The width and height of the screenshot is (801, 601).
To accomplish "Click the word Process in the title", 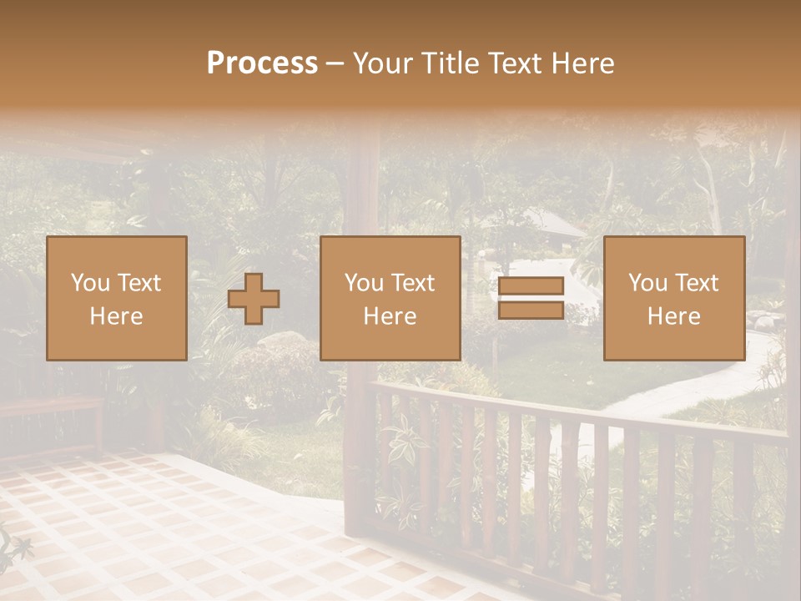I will coord(262,63).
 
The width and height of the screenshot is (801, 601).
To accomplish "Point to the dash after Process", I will coord(335,64).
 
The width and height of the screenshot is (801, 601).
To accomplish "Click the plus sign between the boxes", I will coord(254,299).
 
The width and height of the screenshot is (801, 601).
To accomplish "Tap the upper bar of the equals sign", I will coord(531,286).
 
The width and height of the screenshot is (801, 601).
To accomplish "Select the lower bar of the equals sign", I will coord(531,311).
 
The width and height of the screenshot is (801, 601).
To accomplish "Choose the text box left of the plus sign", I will coord(116,298).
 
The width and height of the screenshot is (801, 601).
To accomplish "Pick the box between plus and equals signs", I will coord(390,298).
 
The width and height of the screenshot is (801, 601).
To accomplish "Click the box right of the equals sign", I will coord(673,298).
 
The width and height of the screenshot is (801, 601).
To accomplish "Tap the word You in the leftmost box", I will coord(89,283).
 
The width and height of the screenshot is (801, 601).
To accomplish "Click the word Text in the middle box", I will coord(412,283).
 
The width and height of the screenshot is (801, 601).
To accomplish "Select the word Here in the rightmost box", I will coord(673,316).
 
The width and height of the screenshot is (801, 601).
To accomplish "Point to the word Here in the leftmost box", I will coord(116,316).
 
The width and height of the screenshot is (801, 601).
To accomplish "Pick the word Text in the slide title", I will coord(511,63).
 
